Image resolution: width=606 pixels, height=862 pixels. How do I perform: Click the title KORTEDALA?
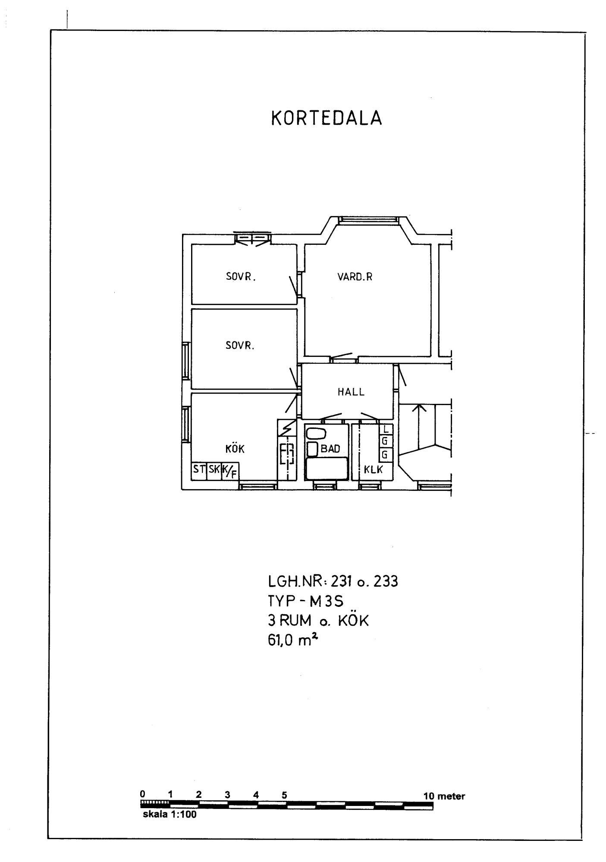327,118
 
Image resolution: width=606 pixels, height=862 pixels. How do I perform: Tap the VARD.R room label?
355,277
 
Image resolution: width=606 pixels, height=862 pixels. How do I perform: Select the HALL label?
351,392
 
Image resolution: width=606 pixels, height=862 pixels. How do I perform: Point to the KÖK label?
235,449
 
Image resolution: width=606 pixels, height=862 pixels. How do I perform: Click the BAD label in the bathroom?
330,449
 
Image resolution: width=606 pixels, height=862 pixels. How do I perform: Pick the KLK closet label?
374,470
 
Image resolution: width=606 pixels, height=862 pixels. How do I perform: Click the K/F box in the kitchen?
230,472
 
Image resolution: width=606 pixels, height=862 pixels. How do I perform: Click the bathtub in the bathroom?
327,468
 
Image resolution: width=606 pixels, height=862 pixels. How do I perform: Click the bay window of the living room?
367,220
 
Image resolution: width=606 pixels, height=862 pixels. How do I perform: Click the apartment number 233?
386,582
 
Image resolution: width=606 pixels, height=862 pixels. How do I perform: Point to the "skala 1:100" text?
170,815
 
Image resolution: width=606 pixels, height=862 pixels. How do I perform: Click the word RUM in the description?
295,621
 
